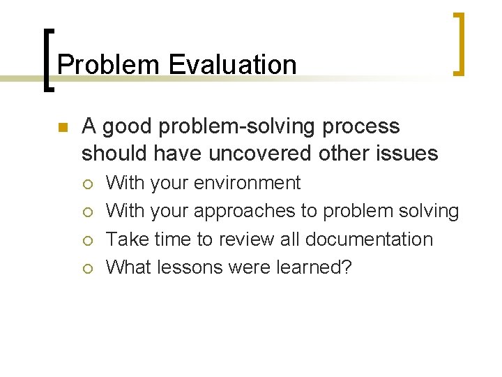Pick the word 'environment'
point(248,183)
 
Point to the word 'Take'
point(123,239)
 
